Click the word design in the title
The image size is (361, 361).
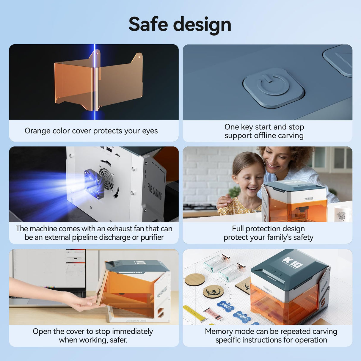202,25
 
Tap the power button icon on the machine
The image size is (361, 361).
273,84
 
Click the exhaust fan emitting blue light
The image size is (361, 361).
95,184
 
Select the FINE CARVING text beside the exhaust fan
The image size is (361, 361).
154,191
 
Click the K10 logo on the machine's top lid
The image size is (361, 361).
293,262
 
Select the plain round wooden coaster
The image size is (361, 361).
195,280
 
